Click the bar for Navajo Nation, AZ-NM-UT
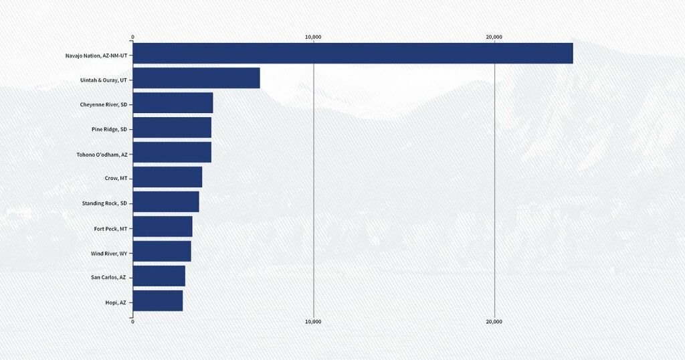353,54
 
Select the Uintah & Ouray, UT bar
196,78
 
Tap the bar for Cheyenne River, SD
173,103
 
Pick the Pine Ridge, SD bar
172,128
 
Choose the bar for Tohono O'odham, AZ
172,153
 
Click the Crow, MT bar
167,177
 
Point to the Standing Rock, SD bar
166,202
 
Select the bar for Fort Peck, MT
163,227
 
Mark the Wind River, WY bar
162,252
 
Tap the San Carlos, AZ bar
159,276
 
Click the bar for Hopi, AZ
157,301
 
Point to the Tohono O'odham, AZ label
102,154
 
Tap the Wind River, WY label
108,253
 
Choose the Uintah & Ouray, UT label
103,80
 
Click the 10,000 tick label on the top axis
313,37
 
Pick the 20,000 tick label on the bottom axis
494,322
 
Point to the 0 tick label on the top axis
132,37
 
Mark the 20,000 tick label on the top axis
494,37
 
